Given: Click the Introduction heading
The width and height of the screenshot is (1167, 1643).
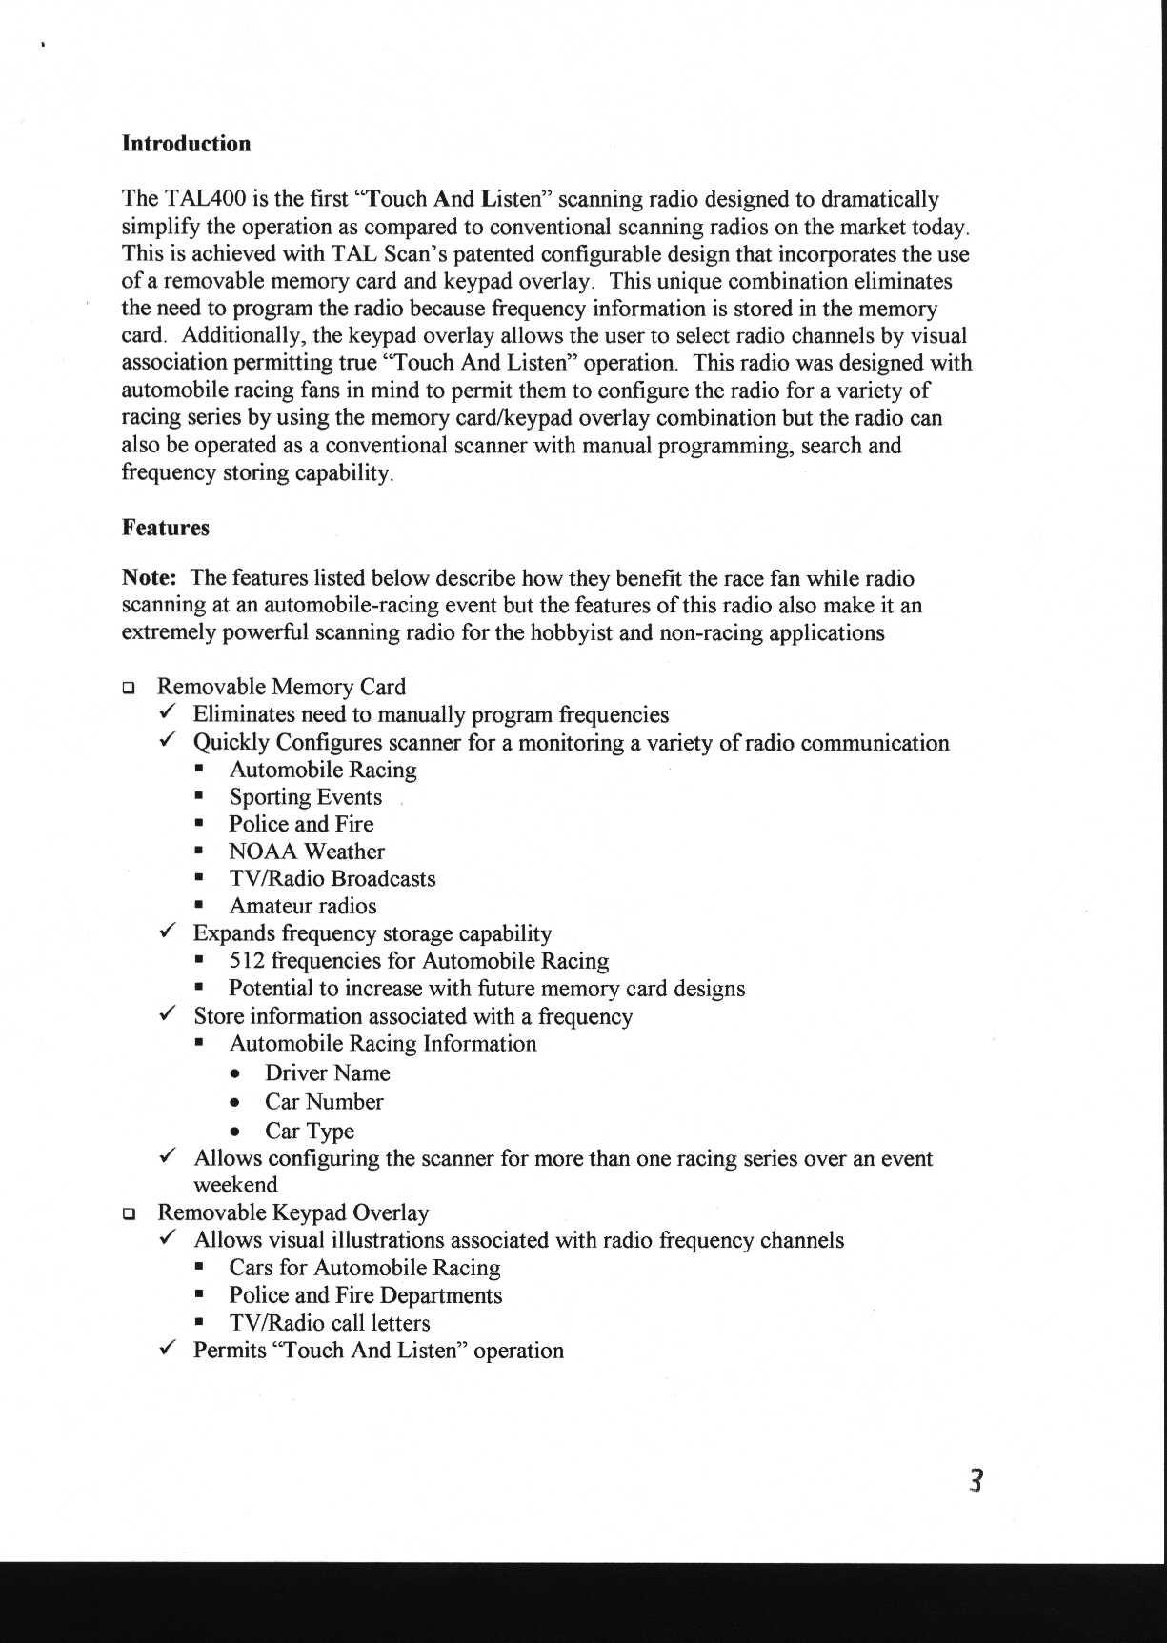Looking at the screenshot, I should [186, 144].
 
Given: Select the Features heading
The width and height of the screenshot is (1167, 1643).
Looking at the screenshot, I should [165, 528].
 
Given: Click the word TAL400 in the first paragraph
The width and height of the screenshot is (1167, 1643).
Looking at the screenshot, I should [206, 199].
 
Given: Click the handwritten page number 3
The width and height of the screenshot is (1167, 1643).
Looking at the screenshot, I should [975, 1481].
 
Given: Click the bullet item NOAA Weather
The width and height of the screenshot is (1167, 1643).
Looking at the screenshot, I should [307, 852].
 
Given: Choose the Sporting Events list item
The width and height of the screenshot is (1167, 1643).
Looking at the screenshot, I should [305, 797].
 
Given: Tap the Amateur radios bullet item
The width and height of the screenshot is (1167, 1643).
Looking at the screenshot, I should [303, 906].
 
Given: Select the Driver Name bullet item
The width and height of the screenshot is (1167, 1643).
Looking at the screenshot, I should [327, 1073].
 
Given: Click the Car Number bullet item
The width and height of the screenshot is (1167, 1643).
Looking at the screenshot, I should [324, 1102].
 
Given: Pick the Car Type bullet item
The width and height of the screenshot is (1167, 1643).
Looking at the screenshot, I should [310, 1132].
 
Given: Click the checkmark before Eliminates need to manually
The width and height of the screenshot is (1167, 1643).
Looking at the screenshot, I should [167, 713].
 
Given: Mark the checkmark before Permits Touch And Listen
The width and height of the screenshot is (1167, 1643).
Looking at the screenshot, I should [167, 1349].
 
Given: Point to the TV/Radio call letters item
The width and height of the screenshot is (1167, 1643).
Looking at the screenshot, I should [329, 1323].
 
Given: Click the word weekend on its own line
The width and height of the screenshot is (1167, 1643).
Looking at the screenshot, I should [235, 1185].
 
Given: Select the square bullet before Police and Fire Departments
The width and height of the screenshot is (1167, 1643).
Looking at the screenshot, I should [200, 1295].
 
